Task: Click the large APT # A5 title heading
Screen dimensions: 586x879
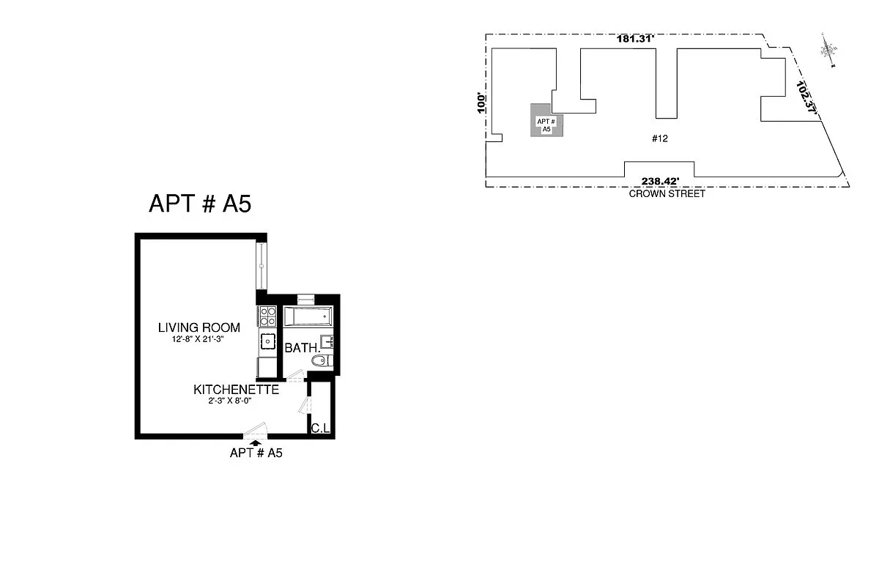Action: point(200,204)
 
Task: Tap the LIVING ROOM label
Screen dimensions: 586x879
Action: point(199,327)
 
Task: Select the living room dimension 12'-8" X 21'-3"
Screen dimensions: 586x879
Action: point(199,339)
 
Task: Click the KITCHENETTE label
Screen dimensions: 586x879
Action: point(236,390)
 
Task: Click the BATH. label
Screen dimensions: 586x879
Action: point(301,348)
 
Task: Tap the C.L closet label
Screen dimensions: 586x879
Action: point(319,428)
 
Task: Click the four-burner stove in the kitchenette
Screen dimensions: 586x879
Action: point(267,316)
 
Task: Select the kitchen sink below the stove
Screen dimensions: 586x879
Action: point(267,341)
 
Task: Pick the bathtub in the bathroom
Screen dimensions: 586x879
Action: point(308,318)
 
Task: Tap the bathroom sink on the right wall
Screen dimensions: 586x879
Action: point(328,341)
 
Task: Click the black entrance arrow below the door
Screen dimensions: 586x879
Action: point(255,442)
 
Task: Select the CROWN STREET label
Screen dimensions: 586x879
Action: point(667,194)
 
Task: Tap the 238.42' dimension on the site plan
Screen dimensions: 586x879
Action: point(661,182)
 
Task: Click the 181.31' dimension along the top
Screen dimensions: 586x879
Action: point(634,40)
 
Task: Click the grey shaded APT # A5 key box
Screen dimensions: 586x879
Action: point(544,120)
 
